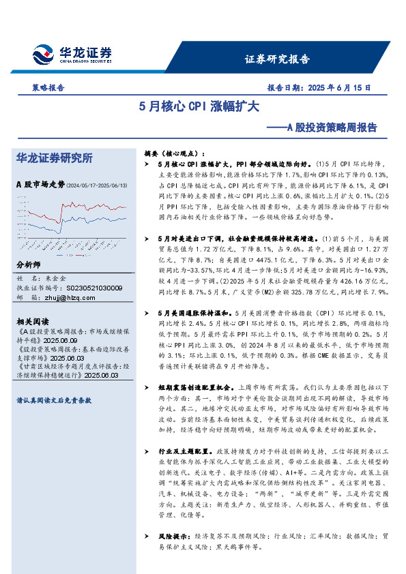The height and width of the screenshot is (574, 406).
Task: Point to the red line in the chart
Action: [96, 207]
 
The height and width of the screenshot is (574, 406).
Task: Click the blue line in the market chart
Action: [96, 221]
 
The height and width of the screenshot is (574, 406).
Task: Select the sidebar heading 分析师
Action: [28, 265]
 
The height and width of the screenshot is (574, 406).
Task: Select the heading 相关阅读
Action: [31, 320]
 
